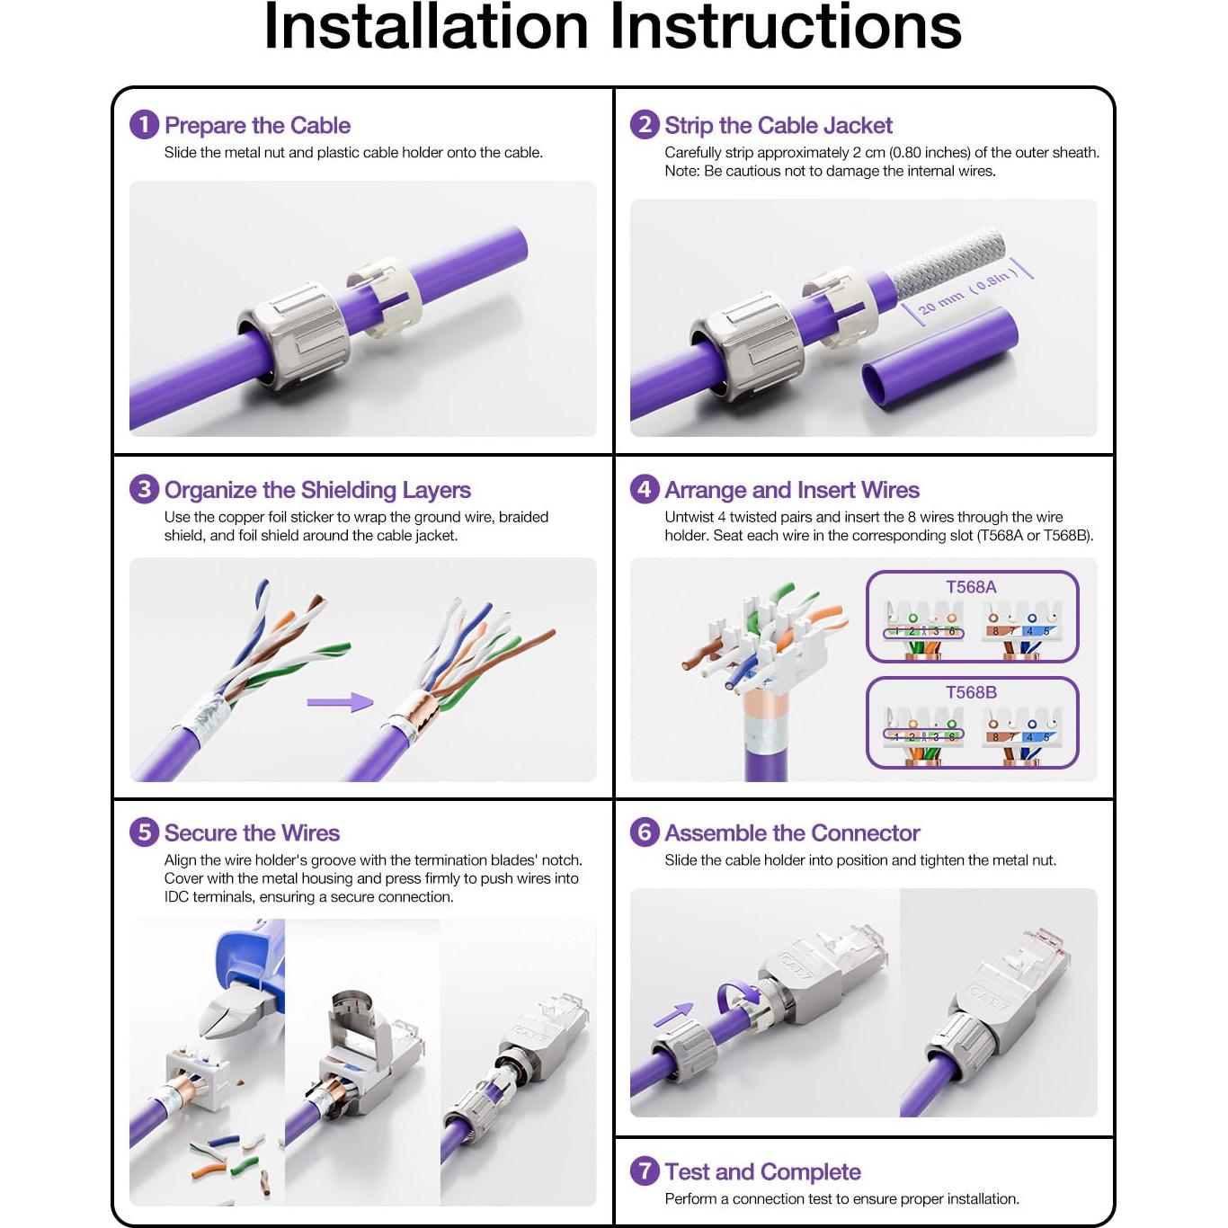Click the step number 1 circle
(x=144, y=124)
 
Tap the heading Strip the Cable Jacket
(x=778, y=125)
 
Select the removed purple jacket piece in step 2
(x=939, y=359)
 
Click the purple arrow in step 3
(x=340, y=702)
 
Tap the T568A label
(x=971, y=587)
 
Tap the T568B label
(x=971, y=692)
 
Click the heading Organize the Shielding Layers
(x=317, y=490)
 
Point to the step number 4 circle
(x=645, y=489)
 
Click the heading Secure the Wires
(x=252, y=832)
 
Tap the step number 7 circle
(x=645, y=1171)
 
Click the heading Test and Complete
(x=762, y=1171)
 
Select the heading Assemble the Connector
(x=792, y=832)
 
